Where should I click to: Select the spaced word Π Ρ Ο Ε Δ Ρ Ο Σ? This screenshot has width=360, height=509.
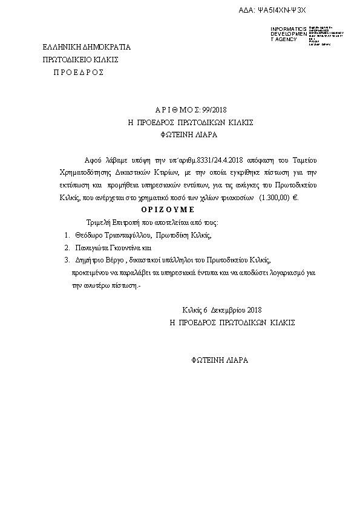click(x=79, y=72)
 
